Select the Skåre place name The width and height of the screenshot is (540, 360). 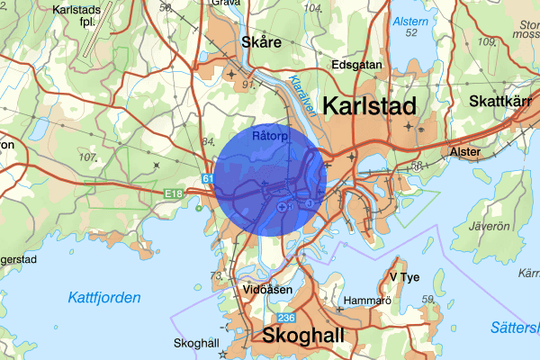tap(262, 42)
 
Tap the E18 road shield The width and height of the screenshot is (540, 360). tap(174, 193)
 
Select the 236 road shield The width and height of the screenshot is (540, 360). tap(286, 319)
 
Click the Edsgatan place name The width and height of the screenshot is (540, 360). tap(357, 65)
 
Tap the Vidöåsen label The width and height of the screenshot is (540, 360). tap(266, 290)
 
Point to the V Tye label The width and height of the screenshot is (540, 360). tap(405, 276)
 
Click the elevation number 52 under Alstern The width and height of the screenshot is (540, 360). tap(412, 33)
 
